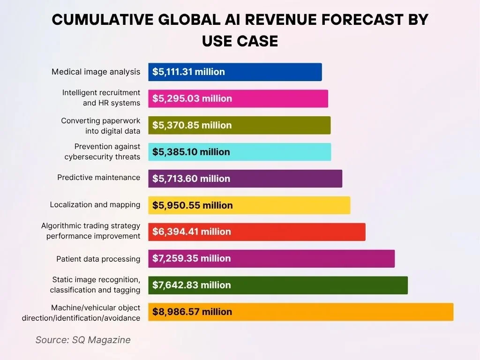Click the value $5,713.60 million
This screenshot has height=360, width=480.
pos(191,179)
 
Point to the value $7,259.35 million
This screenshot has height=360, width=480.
pos(191,258)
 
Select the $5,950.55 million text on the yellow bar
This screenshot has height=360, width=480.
pos(192,205)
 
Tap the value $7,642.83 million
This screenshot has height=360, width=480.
pos(191,285)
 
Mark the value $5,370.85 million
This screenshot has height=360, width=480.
pos(192,125)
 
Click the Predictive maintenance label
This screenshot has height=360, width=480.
pos(98,177)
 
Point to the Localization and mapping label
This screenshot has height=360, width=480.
pos(95,204)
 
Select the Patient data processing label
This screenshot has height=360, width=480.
pos(98,259)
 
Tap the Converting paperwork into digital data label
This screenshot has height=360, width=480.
pos(100,126)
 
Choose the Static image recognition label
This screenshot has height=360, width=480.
pos(95,285)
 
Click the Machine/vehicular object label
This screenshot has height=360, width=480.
pos(81,313)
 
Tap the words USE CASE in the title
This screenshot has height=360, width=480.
pos(240,41)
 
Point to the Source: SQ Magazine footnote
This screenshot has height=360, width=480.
pos(83,340)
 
